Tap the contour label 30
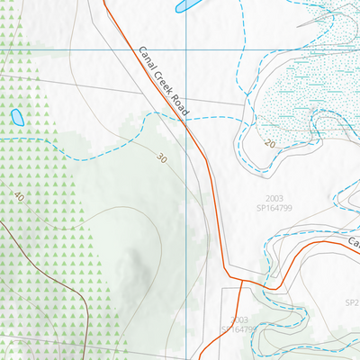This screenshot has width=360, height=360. point(161,158)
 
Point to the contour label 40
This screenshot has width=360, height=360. point(20,195)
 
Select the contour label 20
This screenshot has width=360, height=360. point(270,144)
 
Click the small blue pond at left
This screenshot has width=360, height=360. point(16,116)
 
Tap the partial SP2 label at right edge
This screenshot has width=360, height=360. point(352,303)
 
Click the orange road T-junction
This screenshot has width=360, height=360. point(241,283)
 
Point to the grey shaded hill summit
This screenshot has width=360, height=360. point(137,261)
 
